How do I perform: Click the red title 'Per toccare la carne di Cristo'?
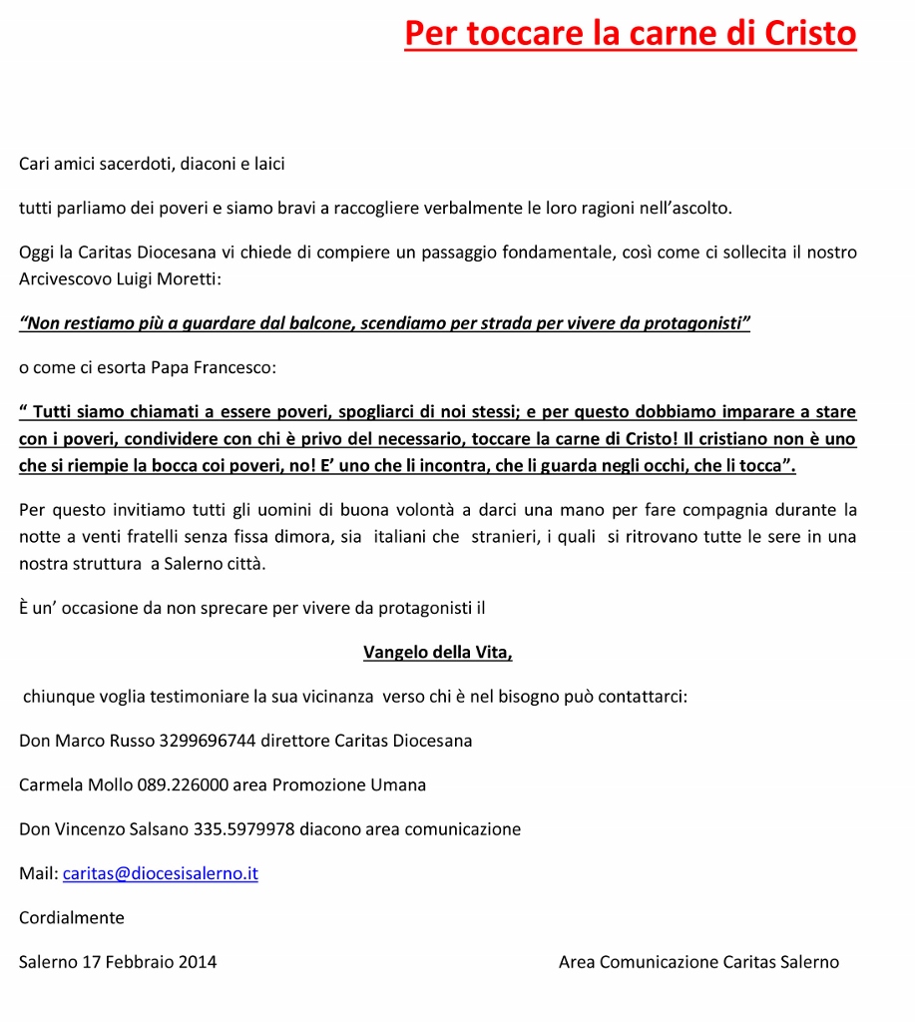click(630, 33)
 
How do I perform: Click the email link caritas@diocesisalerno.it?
click(161, 873)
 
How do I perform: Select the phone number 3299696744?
click(208, 741)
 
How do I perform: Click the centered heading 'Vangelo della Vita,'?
click(438, 653)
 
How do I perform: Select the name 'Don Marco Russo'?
click(87, 741)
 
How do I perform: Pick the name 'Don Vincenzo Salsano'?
click(105, 828)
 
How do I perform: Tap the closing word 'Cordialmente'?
click(72, 917)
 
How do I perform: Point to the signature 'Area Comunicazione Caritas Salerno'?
click(698, 962)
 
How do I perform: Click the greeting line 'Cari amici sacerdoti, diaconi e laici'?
click(152, 164)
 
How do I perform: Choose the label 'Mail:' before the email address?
click(39, 873)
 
